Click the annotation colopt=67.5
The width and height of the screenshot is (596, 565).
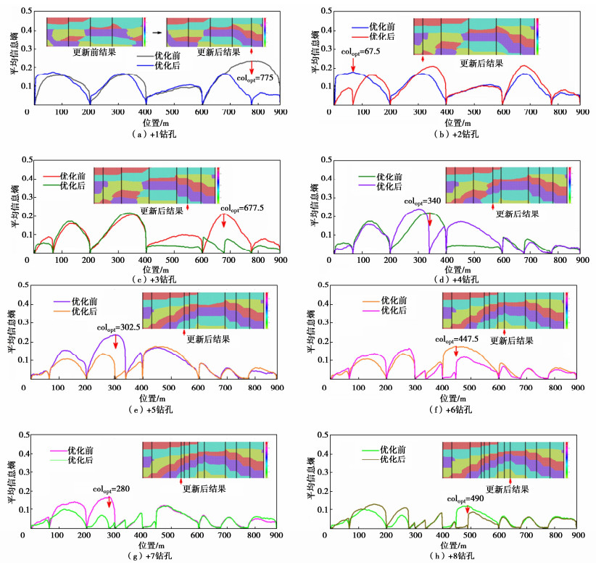click(360, 51)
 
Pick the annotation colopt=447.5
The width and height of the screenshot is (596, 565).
click(457, 339)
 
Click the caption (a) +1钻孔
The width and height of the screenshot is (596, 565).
click(152, 134)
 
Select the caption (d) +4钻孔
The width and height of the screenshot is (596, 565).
click(455, 278)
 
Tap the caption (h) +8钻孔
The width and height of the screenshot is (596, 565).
click(455, 556)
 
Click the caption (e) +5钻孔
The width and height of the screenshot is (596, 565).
click(152, 410)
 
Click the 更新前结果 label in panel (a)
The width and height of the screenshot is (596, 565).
click(96, 52)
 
